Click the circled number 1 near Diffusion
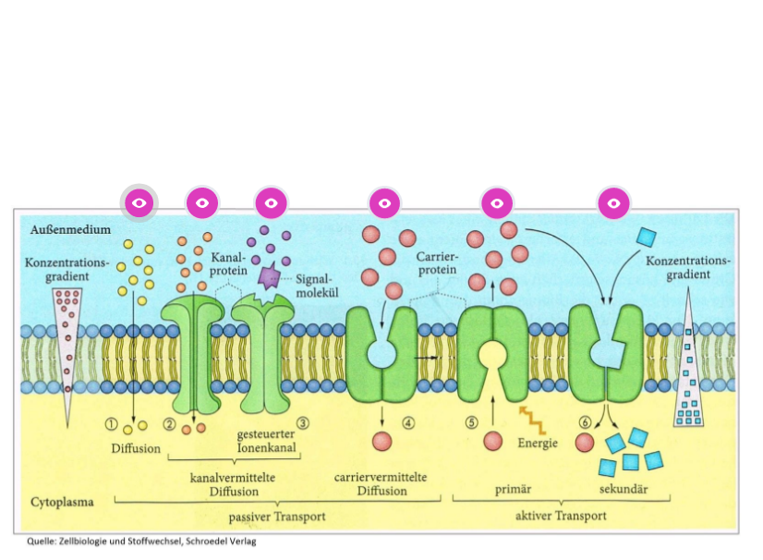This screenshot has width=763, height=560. point(112,424)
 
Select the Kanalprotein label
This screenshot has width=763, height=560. point(229,262)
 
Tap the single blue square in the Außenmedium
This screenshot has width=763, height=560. point(647,236)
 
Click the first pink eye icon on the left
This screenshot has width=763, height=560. point(139,202)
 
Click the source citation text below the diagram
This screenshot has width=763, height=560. point(139,542)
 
